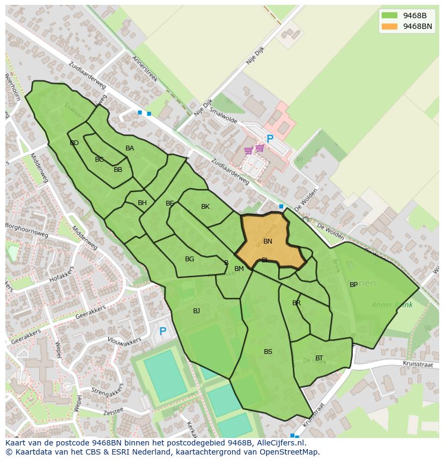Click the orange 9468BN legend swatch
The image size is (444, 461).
click(389, 26)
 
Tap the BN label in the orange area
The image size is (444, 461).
click(268, 241)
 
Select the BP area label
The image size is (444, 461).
click(353, 285)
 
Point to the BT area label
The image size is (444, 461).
click(319, 358)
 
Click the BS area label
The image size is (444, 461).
click(268, 352)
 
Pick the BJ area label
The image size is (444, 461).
click(196, 311)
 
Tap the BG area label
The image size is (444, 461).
click(189, 259)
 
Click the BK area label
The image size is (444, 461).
click(205, 207)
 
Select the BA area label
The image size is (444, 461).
click(130, 148)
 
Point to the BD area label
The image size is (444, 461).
click(74, 143)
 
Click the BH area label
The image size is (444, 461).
click(142, 203)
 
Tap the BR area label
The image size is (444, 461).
click(297, 303)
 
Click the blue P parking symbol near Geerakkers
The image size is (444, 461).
click(162, 331)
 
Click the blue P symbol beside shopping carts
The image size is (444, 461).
click(270, 139)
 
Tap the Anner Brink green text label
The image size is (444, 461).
click(392, 305)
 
